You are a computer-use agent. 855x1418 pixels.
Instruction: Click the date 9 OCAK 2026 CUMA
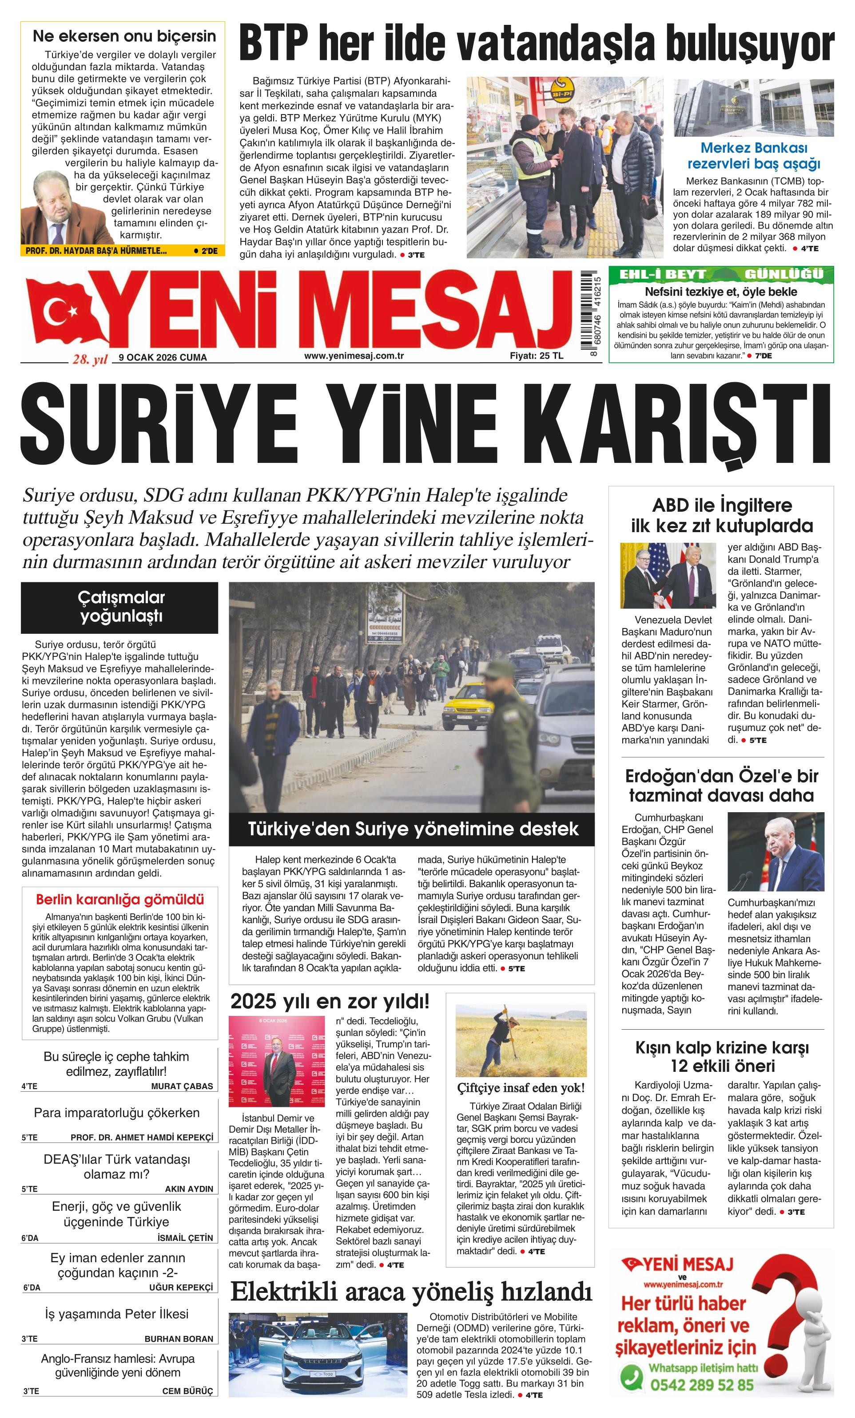tap(163, 357)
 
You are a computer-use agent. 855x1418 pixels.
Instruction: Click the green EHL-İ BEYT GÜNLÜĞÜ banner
tap(721, 274)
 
